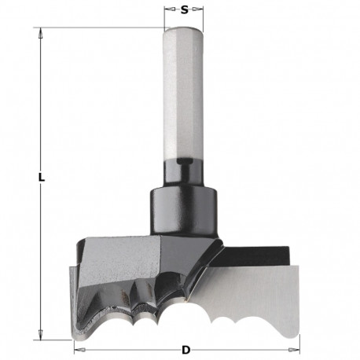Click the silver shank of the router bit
183,94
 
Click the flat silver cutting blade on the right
259,295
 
